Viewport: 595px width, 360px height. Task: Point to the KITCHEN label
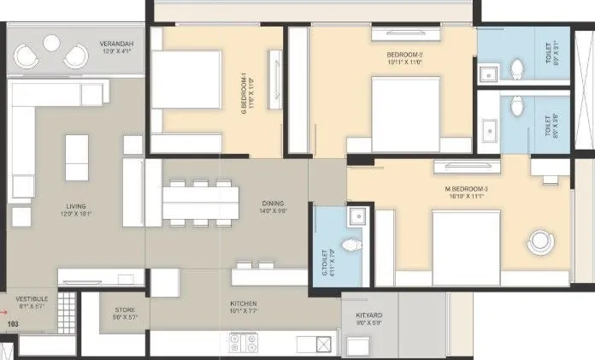244,304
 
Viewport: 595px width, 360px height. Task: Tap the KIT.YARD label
368,317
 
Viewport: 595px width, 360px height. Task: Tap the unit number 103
12,325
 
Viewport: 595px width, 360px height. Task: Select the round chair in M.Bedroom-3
540,241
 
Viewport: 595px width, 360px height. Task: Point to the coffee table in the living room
77,151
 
